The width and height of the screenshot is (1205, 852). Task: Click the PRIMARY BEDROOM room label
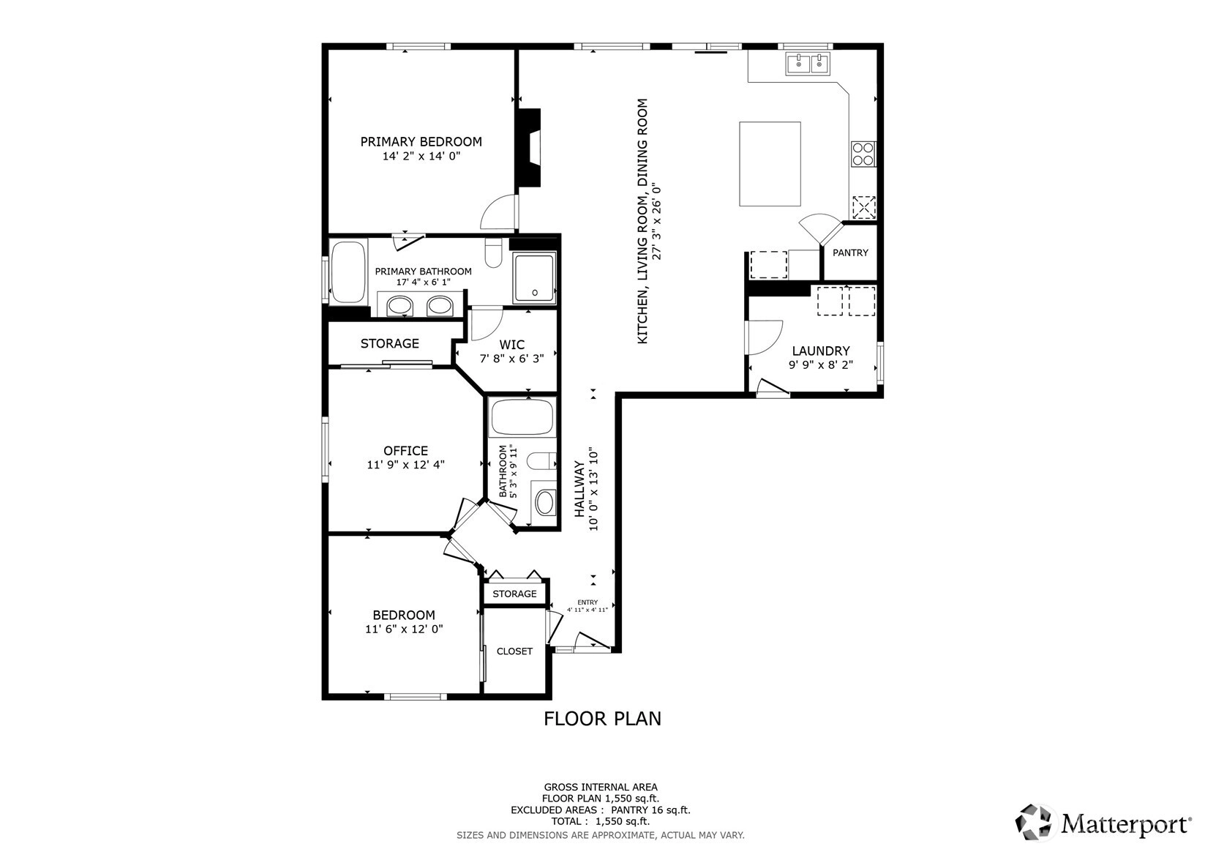(x=421, y=141)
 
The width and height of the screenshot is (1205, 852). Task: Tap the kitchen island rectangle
(x=770, y=164)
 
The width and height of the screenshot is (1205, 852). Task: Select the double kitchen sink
(x=808, y=64)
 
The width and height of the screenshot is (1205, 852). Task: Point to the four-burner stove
(x=863, y=154)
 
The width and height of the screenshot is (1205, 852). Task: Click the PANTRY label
(x=850, y=253)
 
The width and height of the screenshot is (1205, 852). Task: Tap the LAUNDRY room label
(x=820, y=351)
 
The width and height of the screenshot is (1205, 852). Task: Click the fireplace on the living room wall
(x=528, y=147)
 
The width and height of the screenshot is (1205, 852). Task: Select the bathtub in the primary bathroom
(x=348, y=272)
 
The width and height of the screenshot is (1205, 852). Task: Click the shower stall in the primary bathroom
(x=534, y=277)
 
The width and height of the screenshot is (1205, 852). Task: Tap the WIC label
(x=511, y=345)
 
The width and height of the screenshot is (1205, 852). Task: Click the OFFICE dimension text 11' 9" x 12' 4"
(x=405, y=465)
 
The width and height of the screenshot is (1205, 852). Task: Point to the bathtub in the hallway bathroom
(x=522, y=417)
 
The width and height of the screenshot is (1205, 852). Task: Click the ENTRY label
(x=588, y=602)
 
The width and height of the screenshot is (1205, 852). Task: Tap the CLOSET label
(x=514, y=651)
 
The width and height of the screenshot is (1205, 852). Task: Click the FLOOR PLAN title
(x=602, y=719)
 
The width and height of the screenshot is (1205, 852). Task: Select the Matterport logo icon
(x=1033, y=823)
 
